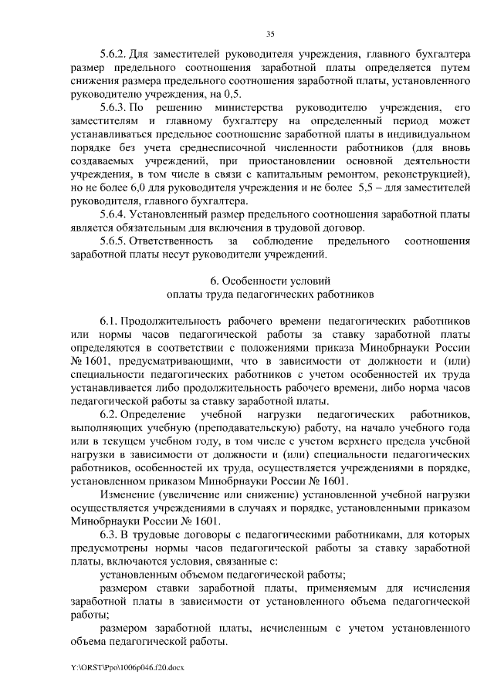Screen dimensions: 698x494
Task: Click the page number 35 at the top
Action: [269, 33]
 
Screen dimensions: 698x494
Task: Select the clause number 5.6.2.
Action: [112, 55]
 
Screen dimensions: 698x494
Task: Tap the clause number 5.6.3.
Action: [112, 106]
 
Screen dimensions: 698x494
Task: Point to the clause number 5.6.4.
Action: [113, 213]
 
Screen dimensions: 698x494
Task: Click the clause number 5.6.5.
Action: [113, 242]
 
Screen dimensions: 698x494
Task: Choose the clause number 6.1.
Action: [107, 319]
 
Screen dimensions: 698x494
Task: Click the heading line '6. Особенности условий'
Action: [269, 279]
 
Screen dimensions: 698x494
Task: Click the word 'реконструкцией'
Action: [428, 174]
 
